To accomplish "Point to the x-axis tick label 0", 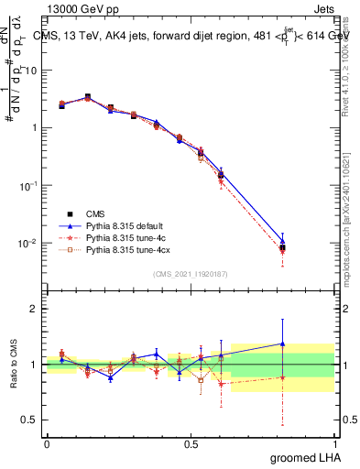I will point(47,443).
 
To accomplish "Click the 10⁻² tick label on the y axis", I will point(28,243).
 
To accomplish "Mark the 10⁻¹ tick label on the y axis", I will point(28,185).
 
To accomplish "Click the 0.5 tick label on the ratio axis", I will point(29,420).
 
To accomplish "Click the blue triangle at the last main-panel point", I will point(282,243).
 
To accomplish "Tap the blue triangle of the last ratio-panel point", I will point(282,344).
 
